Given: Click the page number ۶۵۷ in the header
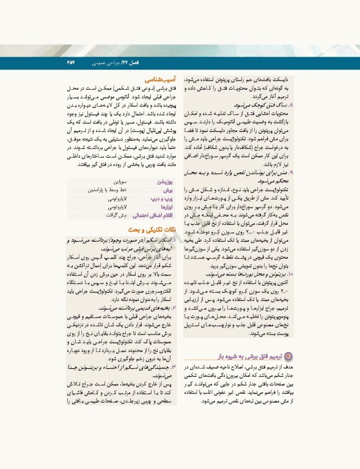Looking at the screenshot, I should tap(70, 63).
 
